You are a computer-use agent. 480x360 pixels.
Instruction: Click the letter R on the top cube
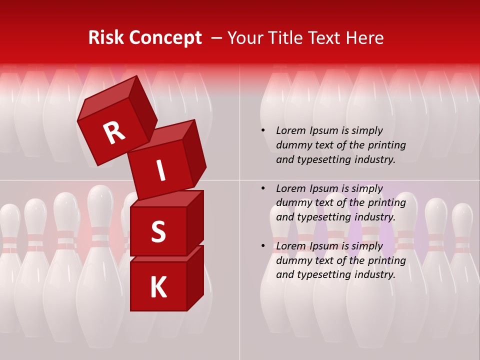(x=114, y=132)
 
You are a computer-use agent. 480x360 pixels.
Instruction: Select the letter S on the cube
(x=158, y=232)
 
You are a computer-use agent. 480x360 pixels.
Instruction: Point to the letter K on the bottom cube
(x=158, y=287)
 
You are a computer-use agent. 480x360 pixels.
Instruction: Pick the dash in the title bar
(x=217, y=38)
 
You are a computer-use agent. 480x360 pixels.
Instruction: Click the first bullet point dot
(x=262, y=130)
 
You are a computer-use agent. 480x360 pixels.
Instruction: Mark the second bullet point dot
(x=262, y=188)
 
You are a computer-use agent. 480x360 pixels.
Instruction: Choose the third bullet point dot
(x=262, y=246)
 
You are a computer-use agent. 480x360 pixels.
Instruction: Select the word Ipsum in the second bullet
(x=324, y=189)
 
